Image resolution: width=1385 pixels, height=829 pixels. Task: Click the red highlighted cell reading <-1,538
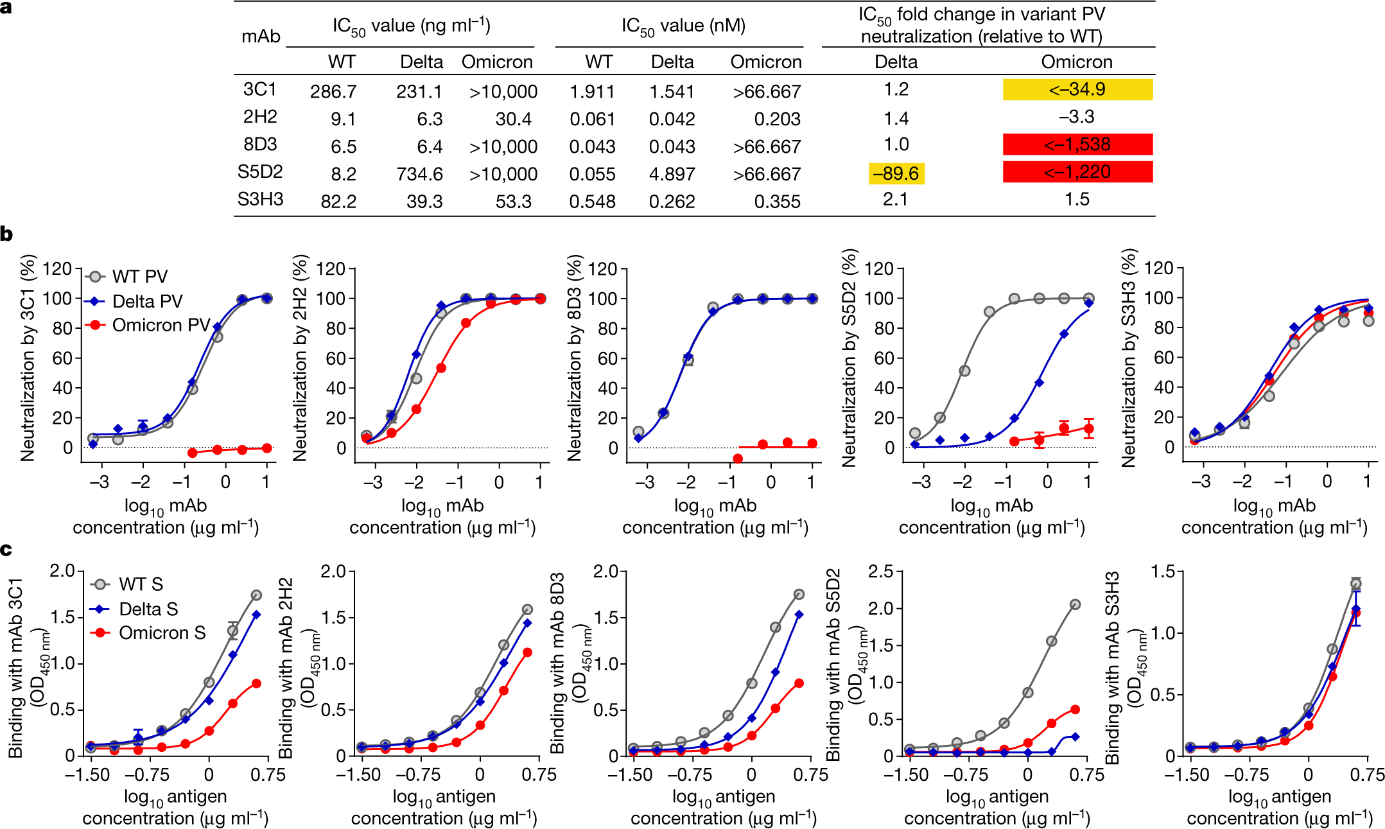click(1077, 144)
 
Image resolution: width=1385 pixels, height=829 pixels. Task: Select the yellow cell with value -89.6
click(896, 173)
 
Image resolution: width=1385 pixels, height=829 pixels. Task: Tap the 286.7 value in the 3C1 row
click(333, 92)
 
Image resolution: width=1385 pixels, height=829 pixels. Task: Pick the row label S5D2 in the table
click(260, 172)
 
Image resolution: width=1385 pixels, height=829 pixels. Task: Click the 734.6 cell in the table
click(419, 174)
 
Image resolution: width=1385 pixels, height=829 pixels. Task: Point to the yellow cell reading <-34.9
click(1077, 89)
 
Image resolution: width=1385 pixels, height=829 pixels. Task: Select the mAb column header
click(261, 37)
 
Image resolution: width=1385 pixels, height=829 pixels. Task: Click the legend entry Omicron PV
click(161, 326)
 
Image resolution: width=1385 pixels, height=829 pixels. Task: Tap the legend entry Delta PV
click(147, 301)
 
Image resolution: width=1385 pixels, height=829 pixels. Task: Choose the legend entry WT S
click(141, 584)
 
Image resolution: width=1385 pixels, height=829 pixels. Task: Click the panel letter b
click(7, 234)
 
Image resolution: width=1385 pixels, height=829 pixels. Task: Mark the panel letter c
click(6, 550)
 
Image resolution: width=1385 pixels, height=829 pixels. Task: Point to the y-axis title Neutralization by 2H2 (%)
click(300, 358)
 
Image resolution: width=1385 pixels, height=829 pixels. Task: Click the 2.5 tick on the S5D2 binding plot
click(880, 572)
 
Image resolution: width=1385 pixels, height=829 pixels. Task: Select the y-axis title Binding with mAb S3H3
click(1111, 668)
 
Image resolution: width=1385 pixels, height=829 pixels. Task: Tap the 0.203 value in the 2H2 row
click(777, 119)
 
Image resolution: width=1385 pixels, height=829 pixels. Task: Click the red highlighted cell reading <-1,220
click(1077, 172)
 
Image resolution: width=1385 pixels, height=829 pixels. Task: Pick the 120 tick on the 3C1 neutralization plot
click(57, 268)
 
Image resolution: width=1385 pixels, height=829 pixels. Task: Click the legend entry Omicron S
click(162, 633)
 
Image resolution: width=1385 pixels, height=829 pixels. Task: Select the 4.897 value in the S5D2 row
click(672, 174)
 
